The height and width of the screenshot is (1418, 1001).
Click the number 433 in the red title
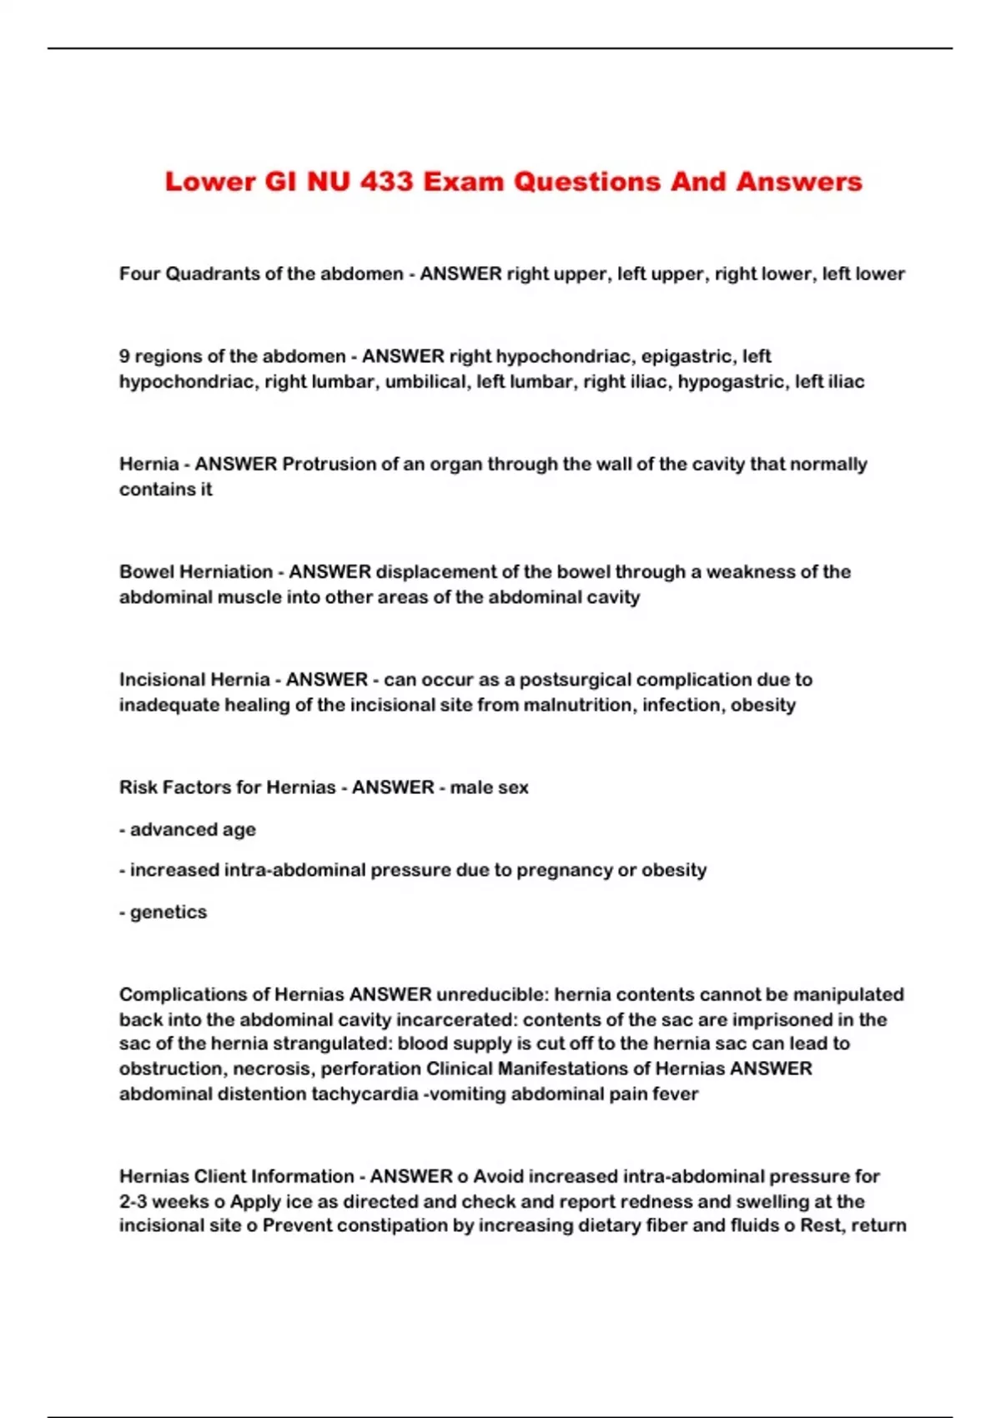click(x=386, y=182)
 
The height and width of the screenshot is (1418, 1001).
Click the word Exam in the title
click(x=464, y=182)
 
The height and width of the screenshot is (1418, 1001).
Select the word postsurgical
click(x=576, y=679)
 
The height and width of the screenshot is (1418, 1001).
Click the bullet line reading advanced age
click(x=188, y=829)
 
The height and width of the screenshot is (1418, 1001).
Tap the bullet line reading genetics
click(x=163, y=912)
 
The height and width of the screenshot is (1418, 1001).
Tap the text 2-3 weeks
click(x=163, y=1201)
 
